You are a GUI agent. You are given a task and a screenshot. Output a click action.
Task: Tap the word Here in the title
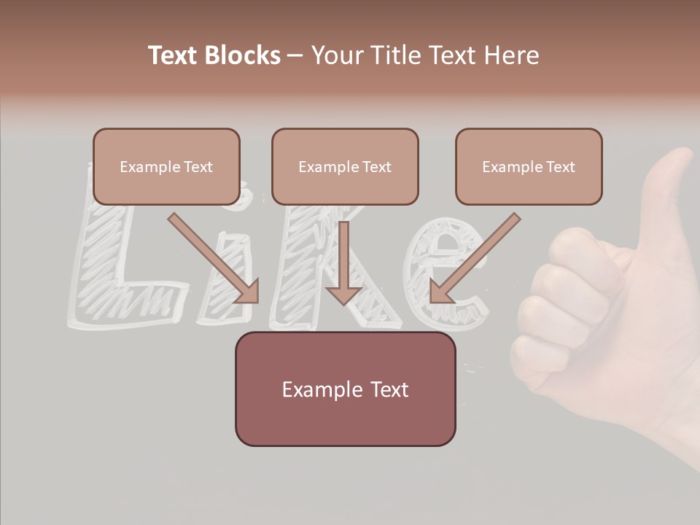(511, 55)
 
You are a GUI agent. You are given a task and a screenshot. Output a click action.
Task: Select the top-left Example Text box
(166, 167)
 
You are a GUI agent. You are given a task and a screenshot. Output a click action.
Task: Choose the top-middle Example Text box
(345, 167)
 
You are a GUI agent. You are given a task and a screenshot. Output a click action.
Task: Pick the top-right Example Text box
(529, 167)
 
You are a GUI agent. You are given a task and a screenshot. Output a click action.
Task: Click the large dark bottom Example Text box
(345, 389)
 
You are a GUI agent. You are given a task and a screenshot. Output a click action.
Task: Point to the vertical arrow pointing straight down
(343, 262)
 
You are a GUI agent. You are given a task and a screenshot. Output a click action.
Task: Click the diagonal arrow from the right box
(474, 259)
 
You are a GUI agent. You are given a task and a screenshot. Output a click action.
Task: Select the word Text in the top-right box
(560, 167)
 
